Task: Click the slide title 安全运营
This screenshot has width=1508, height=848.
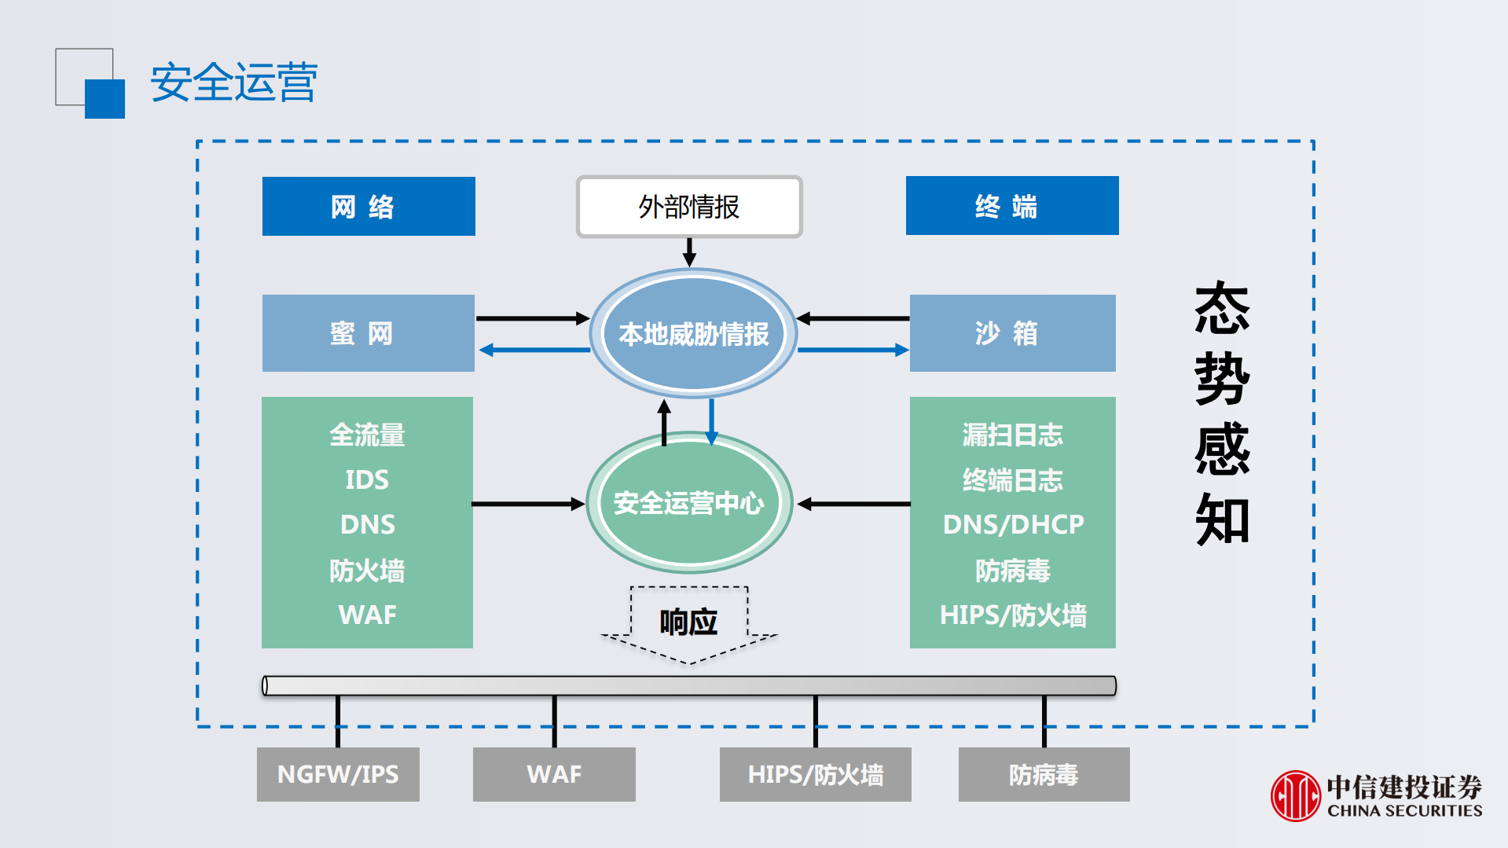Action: tap(233, 83)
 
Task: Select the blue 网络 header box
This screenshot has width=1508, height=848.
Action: tap(369, 206)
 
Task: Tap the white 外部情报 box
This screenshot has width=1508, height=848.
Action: tap(689, 207)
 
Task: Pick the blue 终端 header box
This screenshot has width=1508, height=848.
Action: tap(1011, 206)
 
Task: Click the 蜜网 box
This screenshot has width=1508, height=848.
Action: tap(368, 333)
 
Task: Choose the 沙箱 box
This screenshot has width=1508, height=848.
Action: tap(1012, 333)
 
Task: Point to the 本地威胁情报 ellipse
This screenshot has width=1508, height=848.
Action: tap(693, 334)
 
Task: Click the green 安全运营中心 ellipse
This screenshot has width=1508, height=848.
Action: tap(688, 503)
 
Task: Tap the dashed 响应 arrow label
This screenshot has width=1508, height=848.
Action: tap(688, 622)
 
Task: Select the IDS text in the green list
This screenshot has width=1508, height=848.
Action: tap(367, 479)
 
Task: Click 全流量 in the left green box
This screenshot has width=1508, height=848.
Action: tap(367, 435)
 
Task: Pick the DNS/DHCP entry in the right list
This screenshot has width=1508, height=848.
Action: tap(1013, 524)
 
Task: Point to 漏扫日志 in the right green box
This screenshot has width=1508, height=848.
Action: tap(1012, 435)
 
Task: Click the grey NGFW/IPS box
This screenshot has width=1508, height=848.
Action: tap(338, 774)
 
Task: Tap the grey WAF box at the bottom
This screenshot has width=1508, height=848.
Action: tap(554, 774)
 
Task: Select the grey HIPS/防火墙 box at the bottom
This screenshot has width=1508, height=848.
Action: tap(815, 774)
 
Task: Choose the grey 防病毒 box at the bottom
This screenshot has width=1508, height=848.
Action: tap(1044, 774)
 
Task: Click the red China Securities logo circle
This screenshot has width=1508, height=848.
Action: tap(1295, 795)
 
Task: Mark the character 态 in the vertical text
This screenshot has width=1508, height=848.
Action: tap(1222, 309)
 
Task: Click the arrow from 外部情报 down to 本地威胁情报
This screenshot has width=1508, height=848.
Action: tap(689, 252)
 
